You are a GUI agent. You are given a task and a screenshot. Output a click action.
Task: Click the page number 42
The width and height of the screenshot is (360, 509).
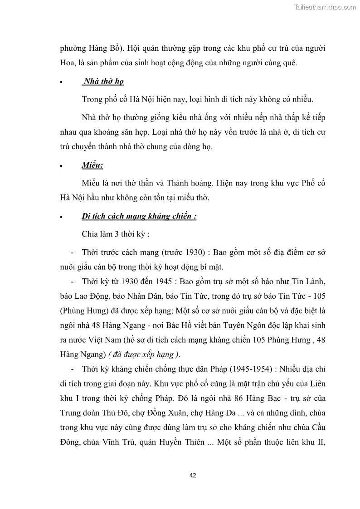tap(193, 475)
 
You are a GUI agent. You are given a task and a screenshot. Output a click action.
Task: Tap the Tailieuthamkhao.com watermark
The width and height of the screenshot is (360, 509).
tap(325, 7)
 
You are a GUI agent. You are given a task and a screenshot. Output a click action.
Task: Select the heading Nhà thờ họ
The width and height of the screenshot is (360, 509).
tap(103, 82)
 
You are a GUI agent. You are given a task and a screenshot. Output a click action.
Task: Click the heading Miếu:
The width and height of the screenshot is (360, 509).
tap(92, 165)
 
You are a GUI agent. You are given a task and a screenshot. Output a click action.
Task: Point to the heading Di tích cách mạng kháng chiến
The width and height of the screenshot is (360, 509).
tap(139, 216)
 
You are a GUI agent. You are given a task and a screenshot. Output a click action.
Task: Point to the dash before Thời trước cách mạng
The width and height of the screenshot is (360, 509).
tap(73, 252)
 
